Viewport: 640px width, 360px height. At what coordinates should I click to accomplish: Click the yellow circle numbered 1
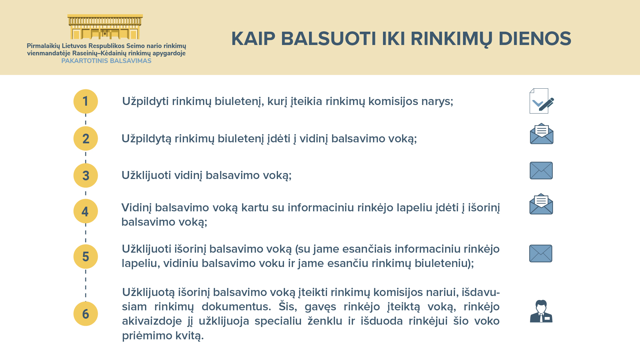coord(86,101)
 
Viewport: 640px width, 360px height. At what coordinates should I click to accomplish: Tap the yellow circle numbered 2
coord(86,138)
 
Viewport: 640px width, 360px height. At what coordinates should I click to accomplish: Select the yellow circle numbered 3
coord(86,175)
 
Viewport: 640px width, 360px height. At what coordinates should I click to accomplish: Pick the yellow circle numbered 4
coord(86,211)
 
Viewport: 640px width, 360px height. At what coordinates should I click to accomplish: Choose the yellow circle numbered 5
coord(86,256)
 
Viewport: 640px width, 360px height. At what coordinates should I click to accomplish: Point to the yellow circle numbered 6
coord(86,314)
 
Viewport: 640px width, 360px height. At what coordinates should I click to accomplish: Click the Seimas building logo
coord(105,27)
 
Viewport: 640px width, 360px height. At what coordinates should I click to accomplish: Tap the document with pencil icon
coord(542,101)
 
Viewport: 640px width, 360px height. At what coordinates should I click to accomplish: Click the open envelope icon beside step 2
coord(542,134)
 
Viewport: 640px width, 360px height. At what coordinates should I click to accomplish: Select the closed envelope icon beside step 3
coord(541,171)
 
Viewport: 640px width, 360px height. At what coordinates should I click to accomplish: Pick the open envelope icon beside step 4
coord(541,204)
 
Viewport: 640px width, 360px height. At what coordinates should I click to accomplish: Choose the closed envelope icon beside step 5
coord(541,254)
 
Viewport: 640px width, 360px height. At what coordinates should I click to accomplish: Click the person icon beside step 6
coord(541,311)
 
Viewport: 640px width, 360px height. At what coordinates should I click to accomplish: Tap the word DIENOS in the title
coord(535,39)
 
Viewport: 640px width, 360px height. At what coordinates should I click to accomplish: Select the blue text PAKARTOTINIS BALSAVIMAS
coord(106,61)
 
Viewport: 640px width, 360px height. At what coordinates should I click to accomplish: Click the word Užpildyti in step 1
coord(145,101)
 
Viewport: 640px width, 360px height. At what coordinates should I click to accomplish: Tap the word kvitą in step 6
coord(188,336)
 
